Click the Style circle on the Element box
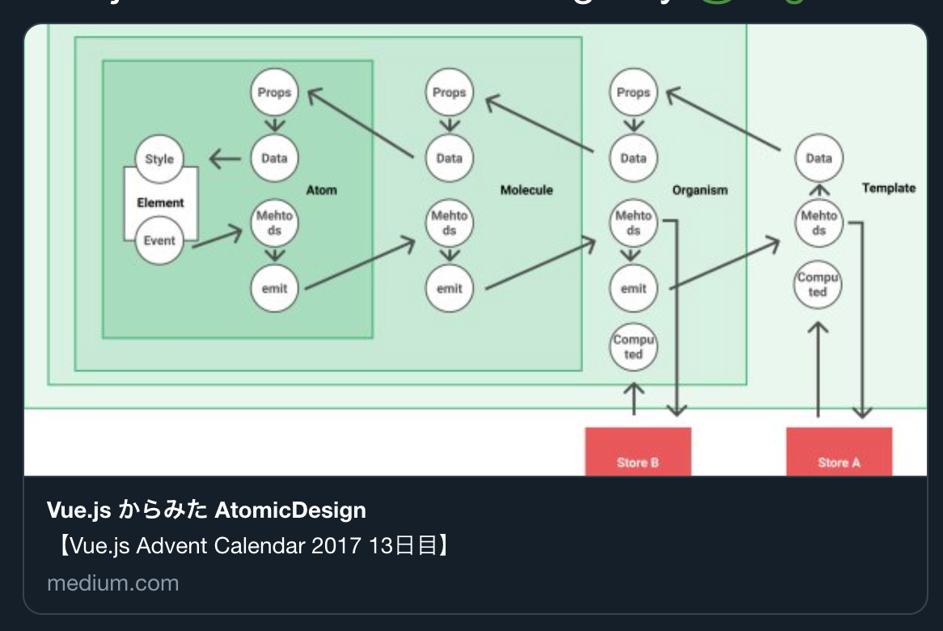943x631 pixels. [159, 159]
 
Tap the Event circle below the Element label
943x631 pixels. [159, 240]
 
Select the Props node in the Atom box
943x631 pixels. [274, 92]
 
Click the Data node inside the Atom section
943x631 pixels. [274, 158]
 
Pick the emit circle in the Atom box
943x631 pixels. [274, 288]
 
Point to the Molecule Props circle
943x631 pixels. [449, 92]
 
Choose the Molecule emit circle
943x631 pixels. [449, 288]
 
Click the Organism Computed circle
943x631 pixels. [633, 347]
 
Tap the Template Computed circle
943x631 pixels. [818, 285]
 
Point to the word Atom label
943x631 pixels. [321, 190]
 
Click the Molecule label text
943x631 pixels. [526, 190]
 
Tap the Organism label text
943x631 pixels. [700, 190]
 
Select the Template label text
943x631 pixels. [889, 188]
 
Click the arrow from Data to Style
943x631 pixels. [225, 159]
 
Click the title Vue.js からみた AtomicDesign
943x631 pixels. [206, 510]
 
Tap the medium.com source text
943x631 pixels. [112, 583]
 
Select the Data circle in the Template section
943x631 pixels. [818, 158]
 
